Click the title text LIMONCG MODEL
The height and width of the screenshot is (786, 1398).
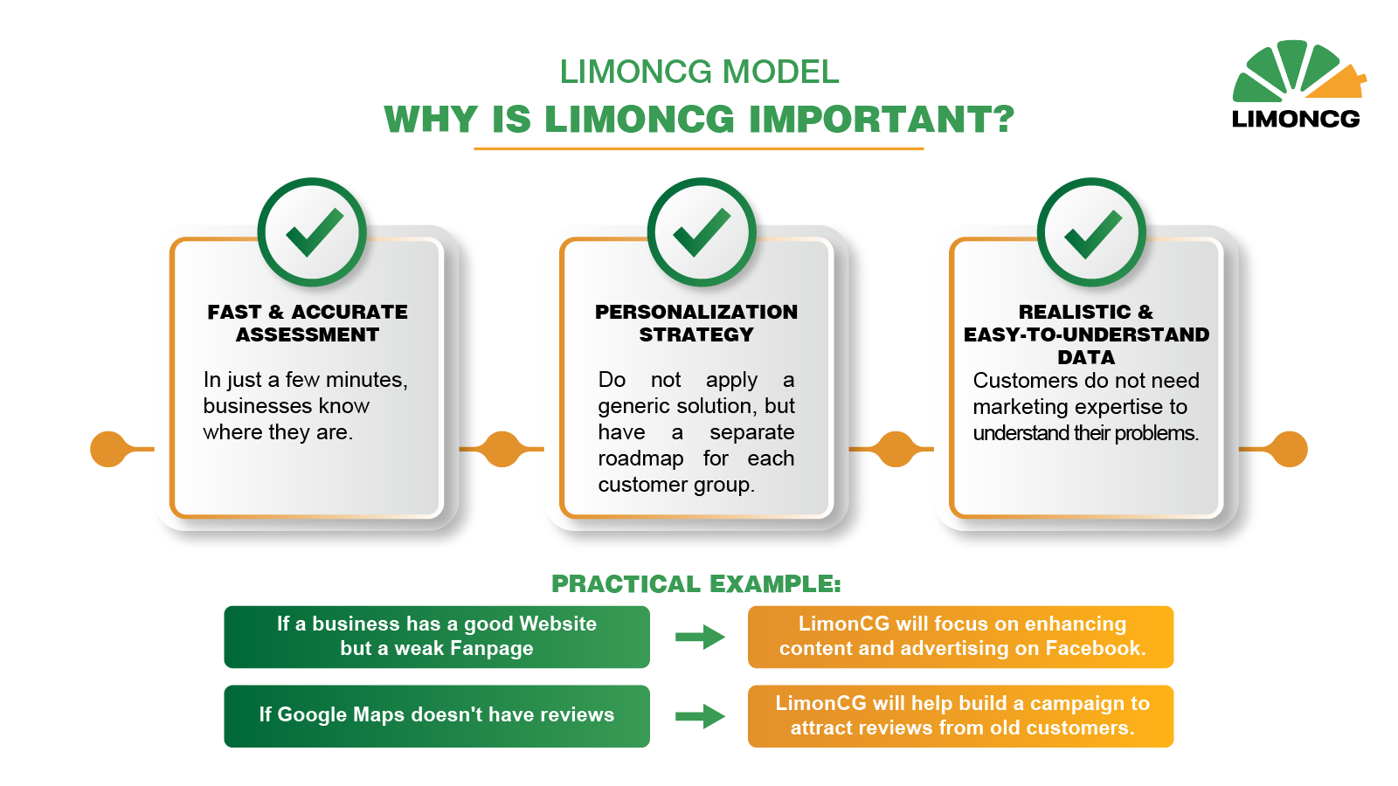[699, 72]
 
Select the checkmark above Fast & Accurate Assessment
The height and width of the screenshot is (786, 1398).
[315, 232]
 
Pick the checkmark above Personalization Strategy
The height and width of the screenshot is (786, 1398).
[702, 232]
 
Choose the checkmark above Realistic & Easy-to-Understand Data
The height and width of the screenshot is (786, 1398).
[1093, 232]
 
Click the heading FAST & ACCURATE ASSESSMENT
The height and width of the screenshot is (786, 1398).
[307, 323]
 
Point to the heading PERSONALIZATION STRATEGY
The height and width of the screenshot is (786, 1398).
[696, 323]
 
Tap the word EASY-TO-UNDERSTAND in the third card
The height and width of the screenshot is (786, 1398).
[1086, 335]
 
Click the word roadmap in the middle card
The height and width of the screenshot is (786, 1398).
[640, 459]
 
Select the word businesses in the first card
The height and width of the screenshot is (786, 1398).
[257, 406]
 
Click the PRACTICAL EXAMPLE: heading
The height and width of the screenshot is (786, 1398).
[696, 584]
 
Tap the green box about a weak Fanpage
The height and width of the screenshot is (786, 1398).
[437, 637]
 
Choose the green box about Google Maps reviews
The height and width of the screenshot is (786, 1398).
[437, 716]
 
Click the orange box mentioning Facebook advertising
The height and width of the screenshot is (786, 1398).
[960, 637]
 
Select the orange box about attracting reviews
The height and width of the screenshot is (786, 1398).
[960, 716]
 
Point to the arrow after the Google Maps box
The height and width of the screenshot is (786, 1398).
[700, 716]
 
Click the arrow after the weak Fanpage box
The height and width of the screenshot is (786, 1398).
[700, 637]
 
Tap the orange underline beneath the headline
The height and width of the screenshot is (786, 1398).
[698, 149]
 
